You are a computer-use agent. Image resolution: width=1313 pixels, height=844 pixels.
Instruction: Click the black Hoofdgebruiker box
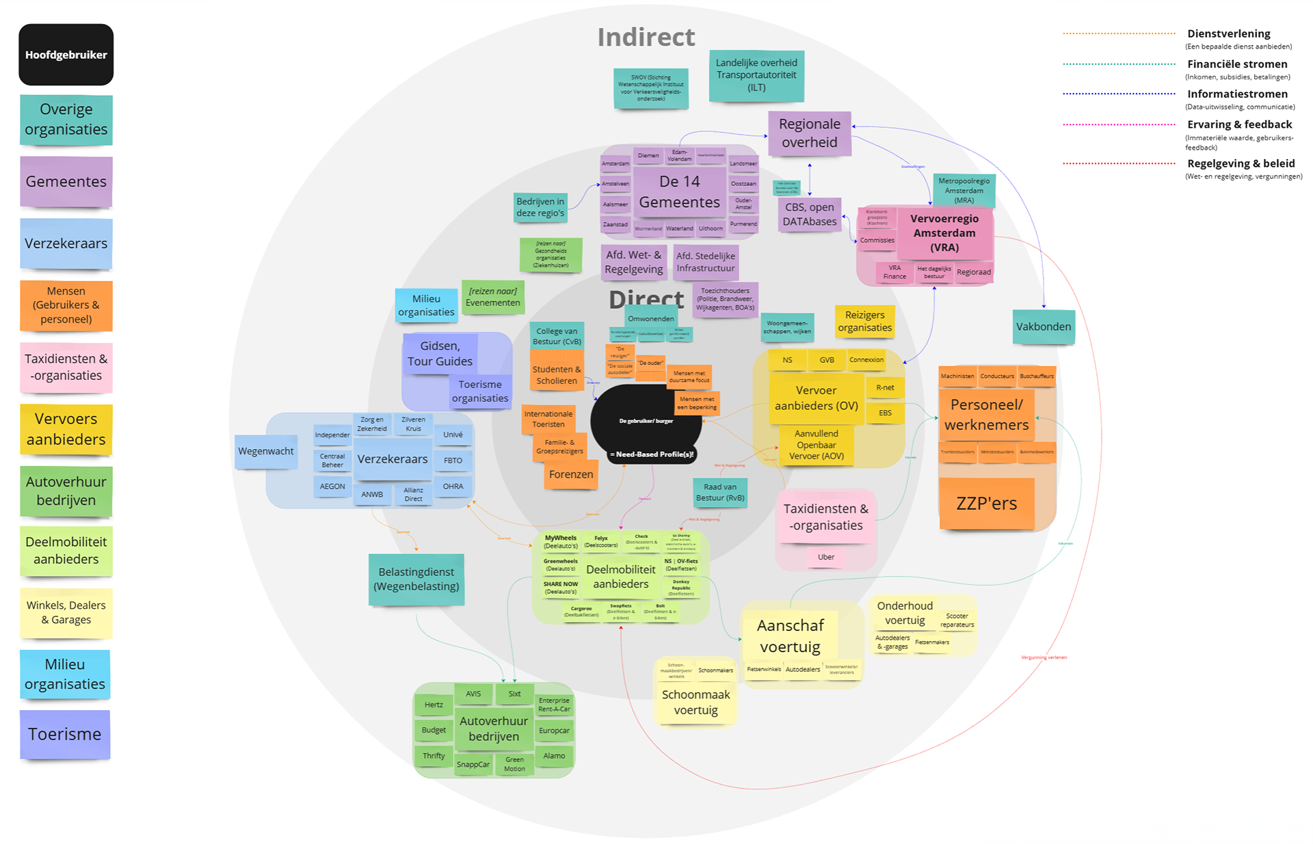coord(66,55)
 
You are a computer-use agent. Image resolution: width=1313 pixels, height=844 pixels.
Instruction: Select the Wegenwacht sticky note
coord(266,451)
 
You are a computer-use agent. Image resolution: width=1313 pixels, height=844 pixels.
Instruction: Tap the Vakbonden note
coord(1043,327)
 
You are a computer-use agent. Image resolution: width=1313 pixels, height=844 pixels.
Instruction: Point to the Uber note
coord(826,557)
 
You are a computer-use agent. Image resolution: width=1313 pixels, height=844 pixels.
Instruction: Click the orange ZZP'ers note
coord(986,504)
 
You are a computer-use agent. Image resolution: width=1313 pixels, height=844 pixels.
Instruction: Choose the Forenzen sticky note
coord(571,474)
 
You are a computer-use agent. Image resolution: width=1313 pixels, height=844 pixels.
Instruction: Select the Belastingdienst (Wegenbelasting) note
coord(416,579)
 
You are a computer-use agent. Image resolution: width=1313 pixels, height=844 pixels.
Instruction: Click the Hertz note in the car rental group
coord(434,705)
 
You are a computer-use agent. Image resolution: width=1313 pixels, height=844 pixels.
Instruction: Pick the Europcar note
coord(554,731)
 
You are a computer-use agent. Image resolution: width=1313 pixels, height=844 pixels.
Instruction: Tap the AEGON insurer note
coord(332,487)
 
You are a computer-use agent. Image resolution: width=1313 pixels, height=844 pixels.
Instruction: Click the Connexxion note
coord(866,359)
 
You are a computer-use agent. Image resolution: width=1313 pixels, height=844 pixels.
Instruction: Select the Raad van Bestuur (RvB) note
coord(720,492)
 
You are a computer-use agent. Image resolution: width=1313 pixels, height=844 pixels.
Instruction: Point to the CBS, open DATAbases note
coord(810,214)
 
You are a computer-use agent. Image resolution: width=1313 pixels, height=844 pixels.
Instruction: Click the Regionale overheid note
coord(810,133)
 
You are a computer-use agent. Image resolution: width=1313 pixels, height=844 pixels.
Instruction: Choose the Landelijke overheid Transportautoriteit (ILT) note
coord(756,75)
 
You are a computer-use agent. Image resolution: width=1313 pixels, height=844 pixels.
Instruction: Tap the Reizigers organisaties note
coord(865,321)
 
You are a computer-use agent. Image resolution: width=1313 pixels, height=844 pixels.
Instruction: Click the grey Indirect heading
coord(646,38)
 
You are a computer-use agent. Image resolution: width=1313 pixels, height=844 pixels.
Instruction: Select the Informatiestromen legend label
coord(1237,94)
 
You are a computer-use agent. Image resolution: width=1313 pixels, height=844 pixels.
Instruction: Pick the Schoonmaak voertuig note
coord(695,702)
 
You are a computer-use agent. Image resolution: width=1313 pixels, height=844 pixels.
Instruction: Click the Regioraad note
coord(974,272)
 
